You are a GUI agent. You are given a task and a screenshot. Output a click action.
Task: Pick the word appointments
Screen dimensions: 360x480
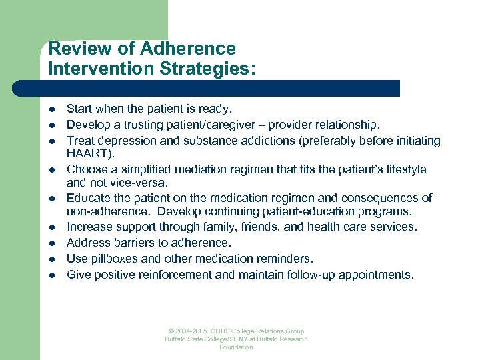(379, 274)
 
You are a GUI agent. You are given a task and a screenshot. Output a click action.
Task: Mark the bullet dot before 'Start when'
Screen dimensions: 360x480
(52, 108)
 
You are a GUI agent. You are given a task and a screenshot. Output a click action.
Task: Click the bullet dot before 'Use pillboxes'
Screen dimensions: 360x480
(52, 259)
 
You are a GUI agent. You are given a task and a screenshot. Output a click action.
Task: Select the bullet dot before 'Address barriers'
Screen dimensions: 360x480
(52, 243)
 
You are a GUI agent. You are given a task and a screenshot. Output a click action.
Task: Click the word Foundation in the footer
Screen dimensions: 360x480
(236, 347)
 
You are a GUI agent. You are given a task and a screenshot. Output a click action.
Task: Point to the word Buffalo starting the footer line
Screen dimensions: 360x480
(177, 339)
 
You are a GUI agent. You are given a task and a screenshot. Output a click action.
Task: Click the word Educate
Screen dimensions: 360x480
(89, 198)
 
